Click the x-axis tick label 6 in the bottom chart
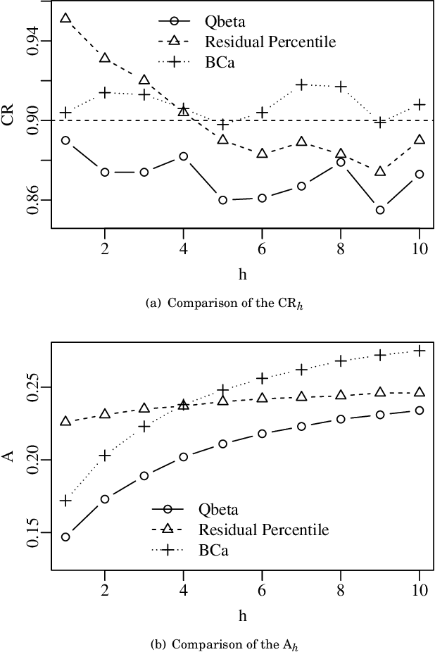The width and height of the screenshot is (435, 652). [x=262, y=589]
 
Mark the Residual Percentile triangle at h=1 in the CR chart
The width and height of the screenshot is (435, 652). [x=65, y=18]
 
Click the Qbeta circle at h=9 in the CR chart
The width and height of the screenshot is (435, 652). [x=380, y=210]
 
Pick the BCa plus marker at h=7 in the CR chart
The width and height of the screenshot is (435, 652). [x=301, y=84]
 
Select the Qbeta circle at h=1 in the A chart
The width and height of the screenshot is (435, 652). [x=65, y=537]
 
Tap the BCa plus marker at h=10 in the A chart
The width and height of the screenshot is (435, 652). [x=420, y=351]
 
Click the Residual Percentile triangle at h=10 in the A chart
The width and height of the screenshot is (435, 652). [x=420, y=392]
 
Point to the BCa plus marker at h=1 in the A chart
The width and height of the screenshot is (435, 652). [x=65, y=501]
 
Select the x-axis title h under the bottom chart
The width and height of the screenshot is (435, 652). [x=242, y=615]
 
